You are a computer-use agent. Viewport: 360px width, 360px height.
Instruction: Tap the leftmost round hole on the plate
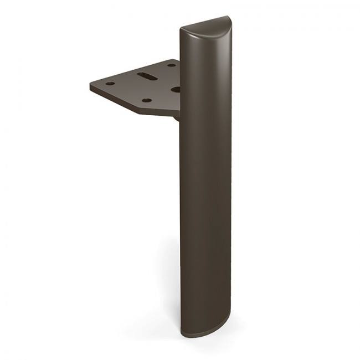pyautogui.click(x=110, y=84)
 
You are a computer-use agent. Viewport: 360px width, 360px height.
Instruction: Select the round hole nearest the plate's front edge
pyautogui.click(x=147, y=100)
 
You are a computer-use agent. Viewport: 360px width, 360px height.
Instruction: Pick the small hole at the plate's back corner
pyautogui.click(x=171, y=65)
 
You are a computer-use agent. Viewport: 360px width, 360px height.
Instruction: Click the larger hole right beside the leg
pyautogui.click(x=175, y=88)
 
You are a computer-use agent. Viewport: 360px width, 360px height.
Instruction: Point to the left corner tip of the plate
pyautogui.click(x=90, y=86)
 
